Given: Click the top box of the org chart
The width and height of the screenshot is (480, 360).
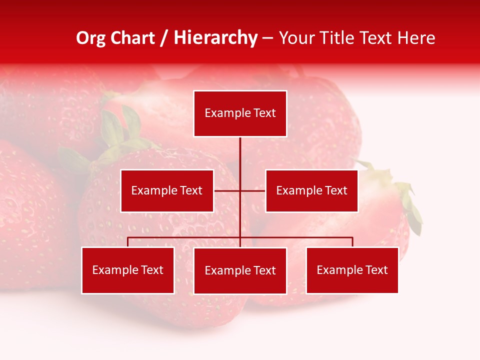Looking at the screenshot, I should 240,113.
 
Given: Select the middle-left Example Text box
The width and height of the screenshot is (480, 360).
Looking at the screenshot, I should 167,190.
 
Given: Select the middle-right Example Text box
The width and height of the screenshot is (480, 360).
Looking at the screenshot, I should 311,190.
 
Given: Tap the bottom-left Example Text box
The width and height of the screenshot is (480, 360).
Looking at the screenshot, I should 128,270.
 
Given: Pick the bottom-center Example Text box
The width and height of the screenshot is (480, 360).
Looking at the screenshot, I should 240,270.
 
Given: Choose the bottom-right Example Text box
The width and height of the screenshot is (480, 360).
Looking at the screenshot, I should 352,270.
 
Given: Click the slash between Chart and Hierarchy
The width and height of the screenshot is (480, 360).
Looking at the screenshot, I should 164,38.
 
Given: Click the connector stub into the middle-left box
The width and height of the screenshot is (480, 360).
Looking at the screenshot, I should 226,190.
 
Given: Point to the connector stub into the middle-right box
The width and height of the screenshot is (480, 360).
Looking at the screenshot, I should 254,190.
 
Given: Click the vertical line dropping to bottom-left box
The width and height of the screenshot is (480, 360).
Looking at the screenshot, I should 128,242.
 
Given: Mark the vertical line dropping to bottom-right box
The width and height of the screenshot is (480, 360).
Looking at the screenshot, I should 352,242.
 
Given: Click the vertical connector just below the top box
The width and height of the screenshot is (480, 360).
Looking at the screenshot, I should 240,150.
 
